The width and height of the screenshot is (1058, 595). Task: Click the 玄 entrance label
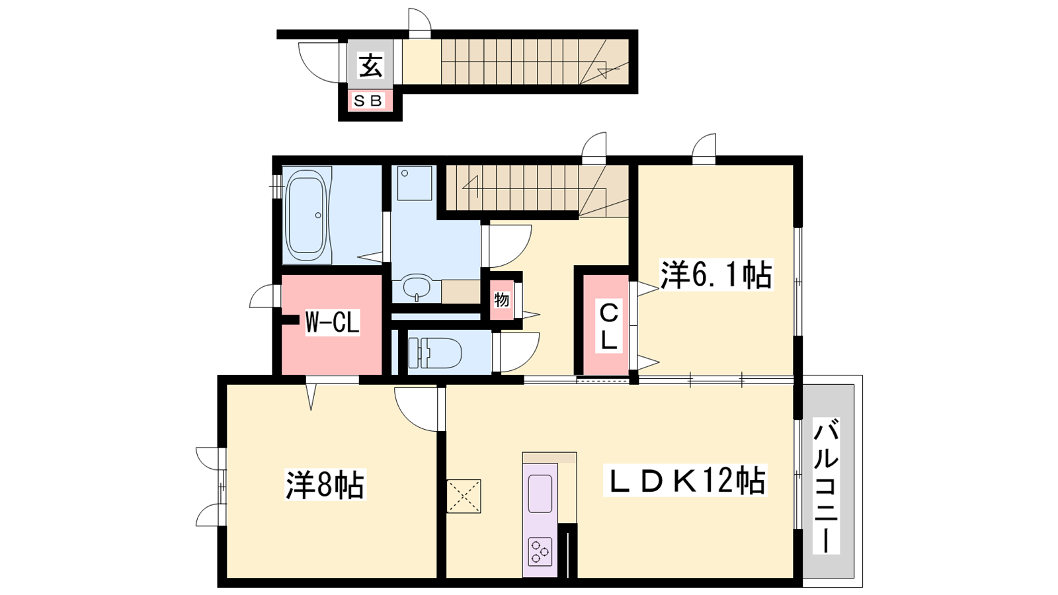click(370, 65)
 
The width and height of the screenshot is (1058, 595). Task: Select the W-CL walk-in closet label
click(333, 323)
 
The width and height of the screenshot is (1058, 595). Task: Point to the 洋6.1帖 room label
click(715, 274)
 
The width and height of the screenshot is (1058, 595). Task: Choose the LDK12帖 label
click(685, 480)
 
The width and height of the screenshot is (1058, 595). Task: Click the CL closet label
click(608, 326)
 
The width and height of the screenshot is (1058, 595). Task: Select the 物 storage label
click(502, 299)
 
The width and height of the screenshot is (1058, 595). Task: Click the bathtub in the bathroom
click(307, 216)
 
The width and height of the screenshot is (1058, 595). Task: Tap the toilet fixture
click(435, 352)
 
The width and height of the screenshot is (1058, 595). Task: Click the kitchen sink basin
click(540, 493)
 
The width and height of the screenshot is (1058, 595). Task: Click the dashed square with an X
click(464, 496)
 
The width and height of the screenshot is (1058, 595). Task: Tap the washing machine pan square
click(415, 182)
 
